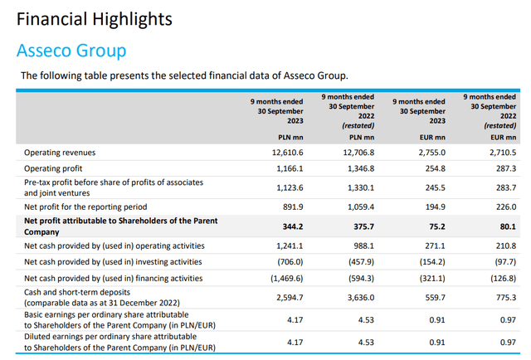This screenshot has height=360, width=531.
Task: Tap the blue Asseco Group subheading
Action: [x=71, y=51]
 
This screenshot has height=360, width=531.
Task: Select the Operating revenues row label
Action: [x=60, y=153]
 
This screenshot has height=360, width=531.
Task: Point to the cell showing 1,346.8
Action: [x=358, y=168]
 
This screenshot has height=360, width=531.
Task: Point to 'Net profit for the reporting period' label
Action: [x=98, y=206]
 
